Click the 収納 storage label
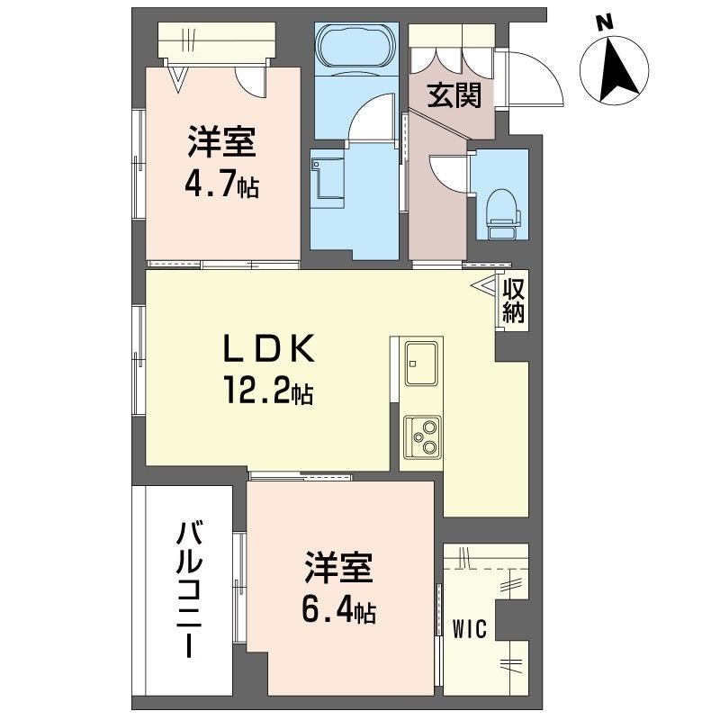(514, 301)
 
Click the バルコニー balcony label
(188, 589)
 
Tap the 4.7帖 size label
(221, 184)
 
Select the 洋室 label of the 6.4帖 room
(337, 570)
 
